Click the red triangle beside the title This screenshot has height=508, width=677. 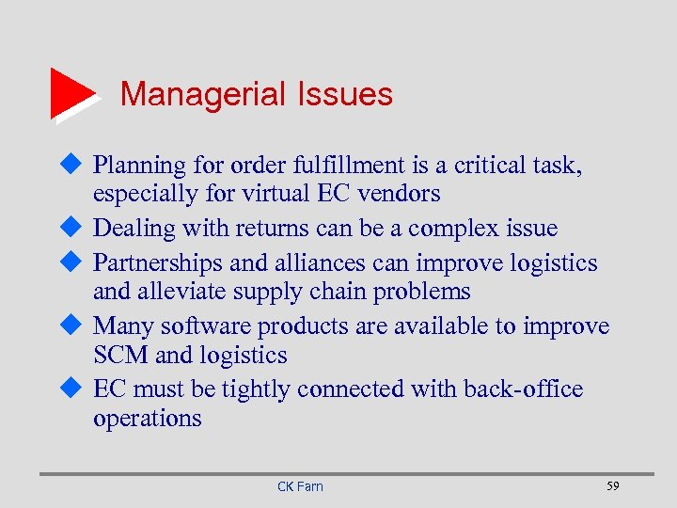pyautogui.click(x=71, y=92)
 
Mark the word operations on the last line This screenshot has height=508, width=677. pyautogui.click(x=147, y=419)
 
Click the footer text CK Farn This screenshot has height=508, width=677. pyautogui.click(x=300, y=486)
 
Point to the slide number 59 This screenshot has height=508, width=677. pyautogui.click(x=613, y=485)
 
